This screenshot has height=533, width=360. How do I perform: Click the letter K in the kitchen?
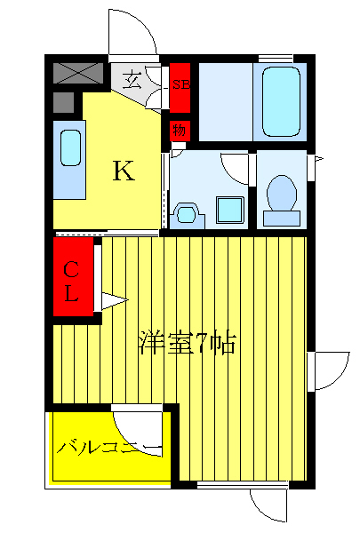click(123, 171)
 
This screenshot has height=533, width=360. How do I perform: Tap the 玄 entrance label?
click(132, 81)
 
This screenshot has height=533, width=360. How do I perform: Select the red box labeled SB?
click(180, 85)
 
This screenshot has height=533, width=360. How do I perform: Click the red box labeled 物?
click(179, 130)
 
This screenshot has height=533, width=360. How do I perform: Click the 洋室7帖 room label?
click(186, 343)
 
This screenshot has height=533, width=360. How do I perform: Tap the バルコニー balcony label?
click(108, 447)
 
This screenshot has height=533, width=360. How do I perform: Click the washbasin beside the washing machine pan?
click(187, 213)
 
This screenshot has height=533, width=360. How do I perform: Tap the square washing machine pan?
click(229, 211)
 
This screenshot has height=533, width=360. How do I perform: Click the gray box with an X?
click(79, 73)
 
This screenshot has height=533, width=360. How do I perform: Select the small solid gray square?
click(63, 102)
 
